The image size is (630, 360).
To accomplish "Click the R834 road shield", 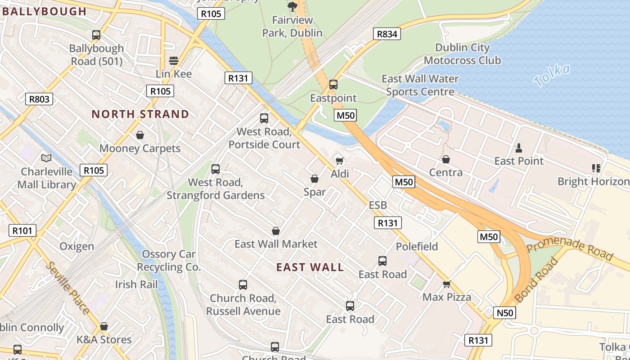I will click(x=387, y=34).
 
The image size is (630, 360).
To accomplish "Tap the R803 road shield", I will click(x=39, y=99).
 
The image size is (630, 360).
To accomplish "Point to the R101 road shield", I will click(x=22, y=231).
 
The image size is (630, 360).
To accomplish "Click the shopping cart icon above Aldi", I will click(x=340, y=161).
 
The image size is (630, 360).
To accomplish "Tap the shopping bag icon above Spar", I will click(x=315, y=179).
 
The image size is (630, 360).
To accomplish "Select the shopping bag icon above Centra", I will click(x=446, y=159).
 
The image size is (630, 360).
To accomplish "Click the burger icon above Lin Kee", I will click(x=174, y=60).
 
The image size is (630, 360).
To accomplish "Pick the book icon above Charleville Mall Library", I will click(x=46, y=158).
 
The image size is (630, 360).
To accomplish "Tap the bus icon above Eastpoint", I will click(x=333, y=84).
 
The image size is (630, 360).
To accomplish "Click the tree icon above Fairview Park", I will click(x=292, y=6).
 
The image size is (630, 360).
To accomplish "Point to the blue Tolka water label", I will click(x=552, y=75).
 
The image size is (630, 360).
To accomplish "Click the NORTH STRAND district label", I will click(x=140, y=114).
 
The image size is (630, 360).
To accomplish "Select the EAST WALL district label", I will click(x=310, y=267).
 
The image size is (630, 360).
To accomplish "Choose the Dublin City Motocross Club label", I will click(x=462, y=54).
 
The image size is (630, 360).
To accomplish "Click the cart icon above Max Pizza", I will click(x=446, y=284).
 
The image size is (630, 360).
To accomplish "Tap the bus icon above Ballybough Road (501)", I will click(x=96, y=35).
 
